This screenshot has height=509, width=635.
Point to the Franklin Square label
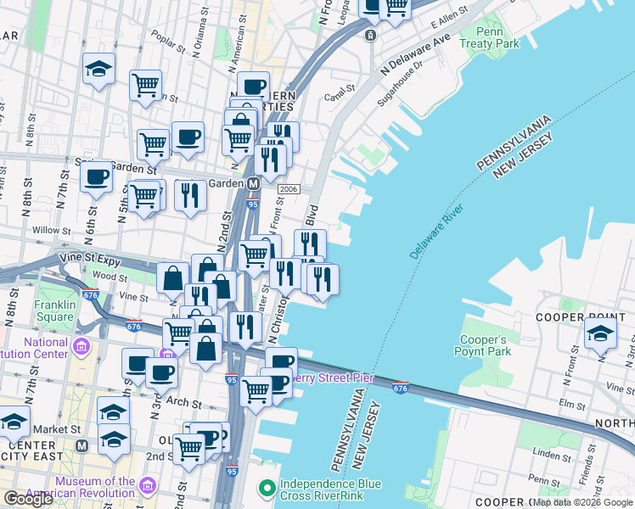click(55, 310)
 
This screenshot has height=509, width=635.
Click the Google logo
click(28, 499)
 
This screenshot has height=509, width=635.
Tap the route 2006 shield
click(289, 188)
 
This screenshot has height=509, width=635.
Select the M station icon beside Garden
click(252, 183)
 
